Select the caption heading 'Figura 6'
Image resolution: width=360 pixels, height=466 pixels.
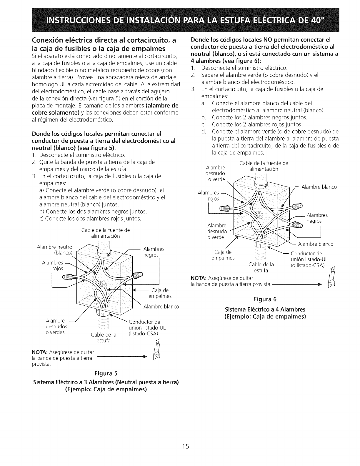click(265, 299)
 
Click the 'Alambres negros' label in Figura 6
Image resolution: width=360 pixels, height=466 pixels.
click(317, 218)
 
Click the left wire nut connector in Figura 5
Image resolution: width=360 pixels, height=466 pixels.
click(67, 277)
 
